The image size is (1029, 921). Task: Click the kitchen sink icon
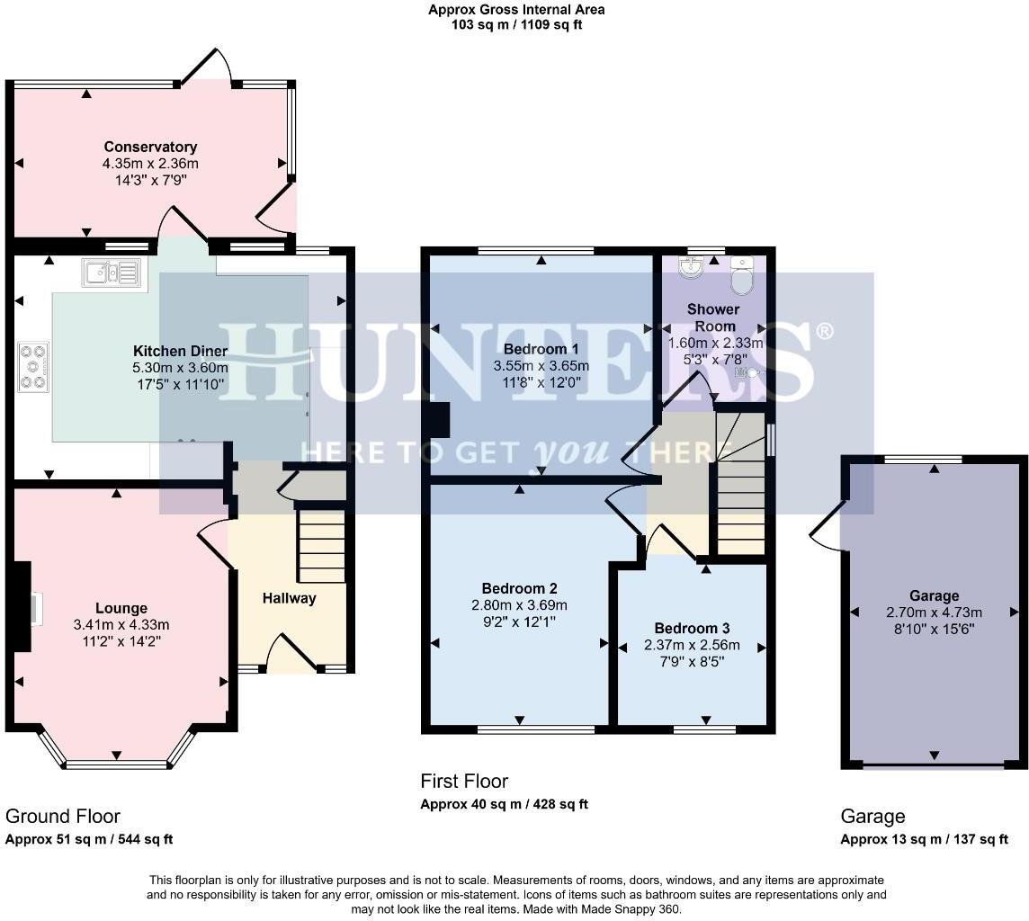(112, 272)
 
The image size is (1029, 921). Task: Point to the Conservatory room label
(150, 147)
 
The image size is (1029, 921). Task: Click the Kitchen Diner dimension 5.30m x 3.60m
(180, 368)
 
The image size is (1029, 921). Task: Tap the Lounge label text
(121, 608)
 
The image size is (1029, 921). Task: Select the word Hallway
(290, 597)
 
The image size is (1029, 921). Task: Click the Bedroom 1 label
(541, 349)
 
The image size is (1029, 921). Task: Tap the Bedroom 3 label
(692, 628)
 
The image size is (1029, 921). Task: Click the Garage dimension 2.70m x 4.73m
(934, 613)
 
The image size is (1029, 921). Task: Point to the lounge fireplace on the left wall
(22, 607)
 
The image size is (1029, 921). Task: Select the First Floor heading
(464, 781)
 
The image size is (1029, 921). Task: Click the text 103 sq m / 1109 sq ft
(516, 25)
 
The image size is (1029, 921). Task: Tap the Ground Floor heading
(63, 816)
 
